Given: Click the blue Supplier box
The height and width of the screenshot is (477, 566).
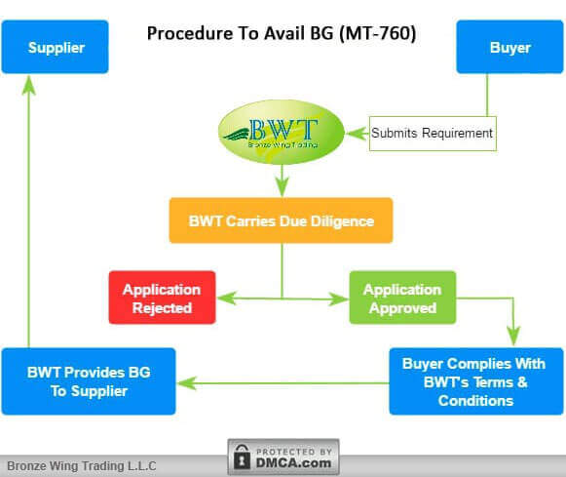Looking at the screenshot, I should [x=55, y=47].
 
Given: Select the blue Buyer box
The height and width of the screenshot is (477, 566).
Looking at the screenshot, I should [x=510, y=47].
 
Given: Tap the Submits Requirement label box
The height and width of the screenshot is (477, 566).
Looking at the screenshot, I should [x=433, y=133].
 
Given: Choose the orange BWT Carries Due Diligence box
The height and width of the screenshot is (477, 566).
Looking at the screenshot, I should [x=281, y=220].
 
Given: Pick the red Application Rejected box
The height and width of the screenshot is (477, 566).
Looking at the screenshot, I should [x=162, y=298].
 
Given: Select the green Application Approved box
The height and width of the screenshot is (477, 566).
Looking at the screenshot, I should [x=402, y=298].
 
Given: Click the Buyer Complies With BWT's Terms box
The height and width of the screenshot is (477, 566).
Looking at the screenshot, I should [x=476, y=381].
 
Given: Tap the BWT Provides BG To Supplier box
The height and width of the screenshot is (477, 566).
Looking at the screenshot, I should [x=89, y=381].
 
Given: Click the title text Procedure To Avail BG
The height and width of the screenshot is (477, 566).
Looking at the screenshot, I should [x=244, y=33].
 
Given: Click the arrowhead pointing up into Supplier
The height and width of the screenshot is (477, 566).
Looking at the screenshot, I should [x=28, y=83].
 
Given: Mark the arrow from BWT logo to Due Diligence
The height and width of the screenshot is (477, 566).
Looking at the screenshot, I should [x=282, y=180].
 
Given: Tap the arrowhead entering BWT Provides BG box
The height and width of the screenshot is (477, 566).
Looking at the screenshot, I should [x=185, y=383].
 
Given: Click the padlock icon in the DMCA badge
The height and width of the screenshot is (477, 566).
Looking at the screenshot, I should [x=242, y=457].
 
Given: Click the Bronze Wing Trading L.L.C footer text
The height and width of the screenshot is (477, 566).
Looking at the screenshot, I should [x=82, y=466].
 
